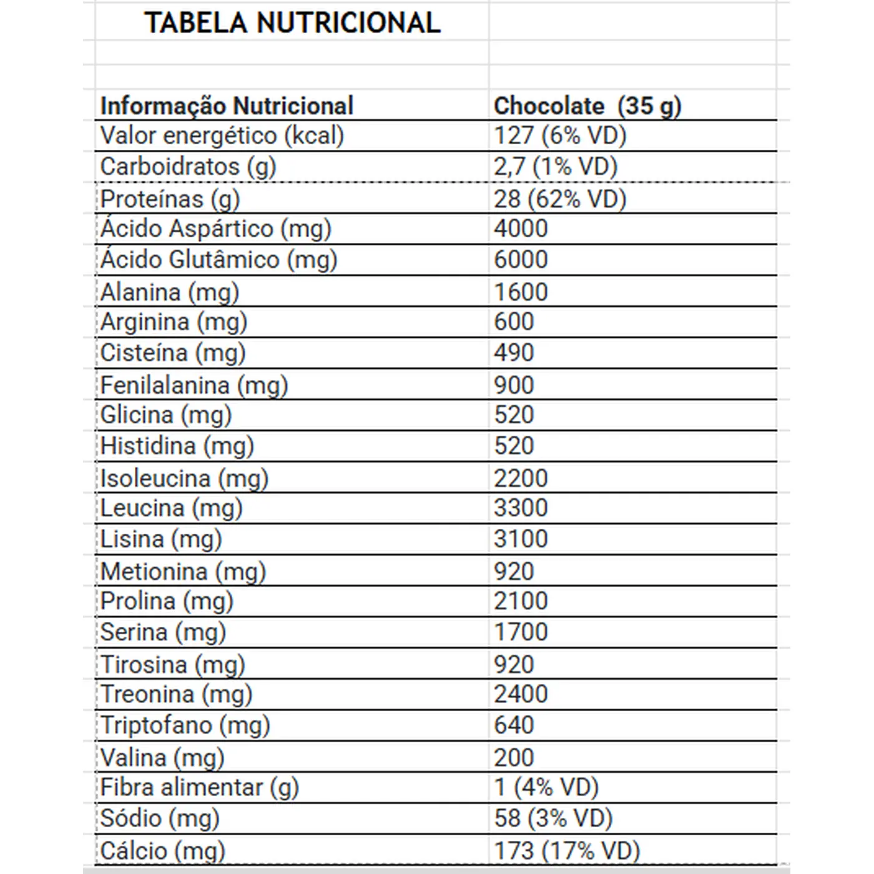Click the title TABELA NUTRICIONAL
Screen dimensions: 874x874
293,23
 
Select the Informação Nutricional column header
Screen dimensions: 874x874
227,106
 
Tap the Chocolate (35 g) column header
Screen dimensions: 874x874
587,106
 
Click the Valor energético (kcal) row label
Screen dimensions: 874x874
222,135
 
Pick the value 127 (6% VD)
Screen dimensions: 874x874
560,135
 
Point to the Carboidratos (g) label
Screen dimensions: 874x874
188,167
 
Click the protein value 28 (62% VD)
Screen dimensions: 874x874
560,199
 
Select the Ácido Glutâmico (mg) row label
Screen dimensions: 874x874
219,260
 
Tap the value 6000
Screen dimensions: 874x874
521,260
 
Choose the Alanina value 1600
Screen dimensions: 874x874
521,292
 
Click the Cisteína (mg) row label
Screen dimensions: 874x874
173,353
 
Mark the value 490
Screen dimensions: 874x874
514,353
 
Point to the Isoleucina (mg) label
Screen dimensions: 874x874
184,479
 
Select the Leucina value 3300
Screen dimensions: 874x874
521,508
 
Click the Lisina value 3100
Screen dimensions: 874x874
521,539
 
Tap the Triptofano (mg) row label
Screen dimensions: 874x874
185,725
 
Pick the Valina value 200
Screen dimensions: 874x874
514,758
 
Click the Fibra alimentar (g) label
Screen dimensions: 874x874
200,788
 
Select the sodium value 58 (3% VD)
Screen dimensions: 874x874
553,818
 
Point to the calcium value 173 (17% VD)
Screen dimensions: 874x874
567,851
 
